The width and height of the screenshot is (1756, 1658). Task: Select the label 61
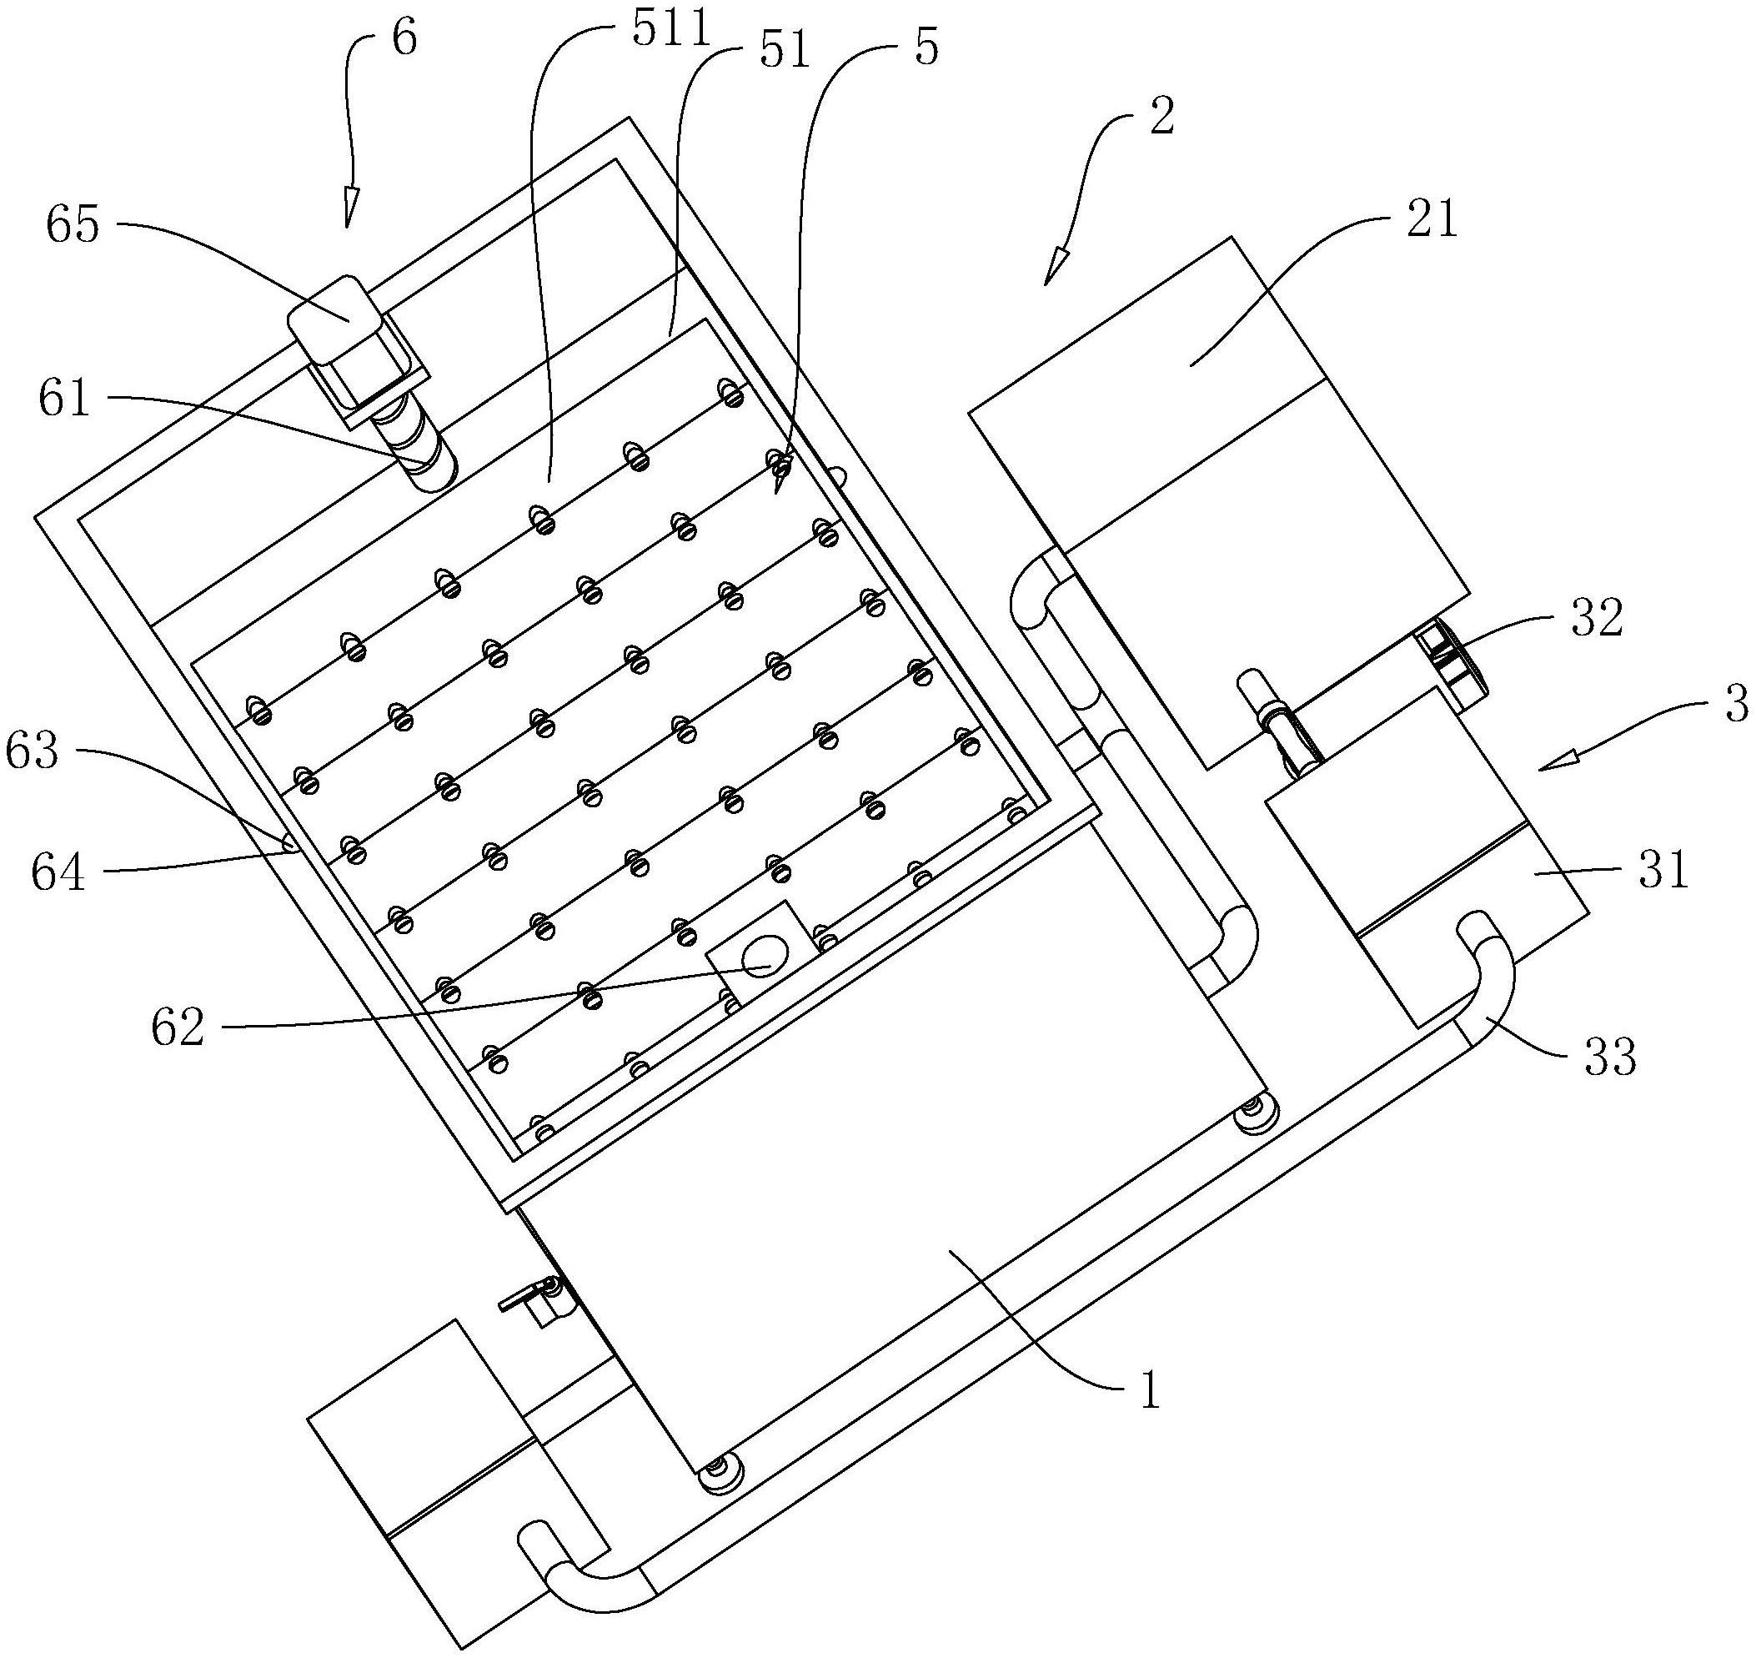tap(64, 399)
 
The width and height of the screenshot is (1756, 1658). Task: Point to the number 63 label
tap(32, 751)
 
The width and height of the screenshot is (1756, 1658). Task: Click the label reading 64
tap(58, 872)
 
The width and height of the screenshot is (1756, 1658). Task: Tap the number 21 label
tap(1432, 219)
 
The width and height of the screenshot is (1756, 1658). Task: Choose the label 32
tap(1598, 619)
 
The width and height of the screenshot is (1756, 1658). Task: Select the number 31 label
tap(1664, 870)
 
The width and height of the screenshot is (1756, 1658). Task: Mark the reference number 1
tap(1150, 1390)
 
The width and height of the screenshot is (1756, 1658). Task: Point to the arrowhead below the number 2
tap(1056, 267)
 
